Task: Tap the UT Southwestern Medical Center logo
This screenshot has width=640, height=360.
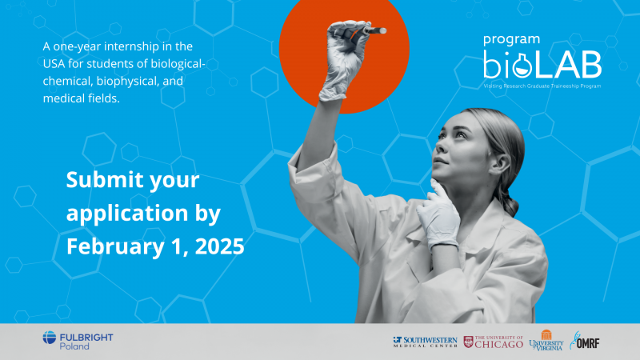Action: tap(425, 342)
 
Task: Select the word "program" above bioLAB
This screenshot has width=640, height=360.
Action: tap(511, 38)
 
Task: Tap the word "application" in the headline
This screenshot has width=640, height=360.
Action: tap(121, 213)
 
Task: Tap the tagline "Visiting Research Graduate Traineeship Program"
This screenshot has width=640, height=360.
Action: tap(542, 85)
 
